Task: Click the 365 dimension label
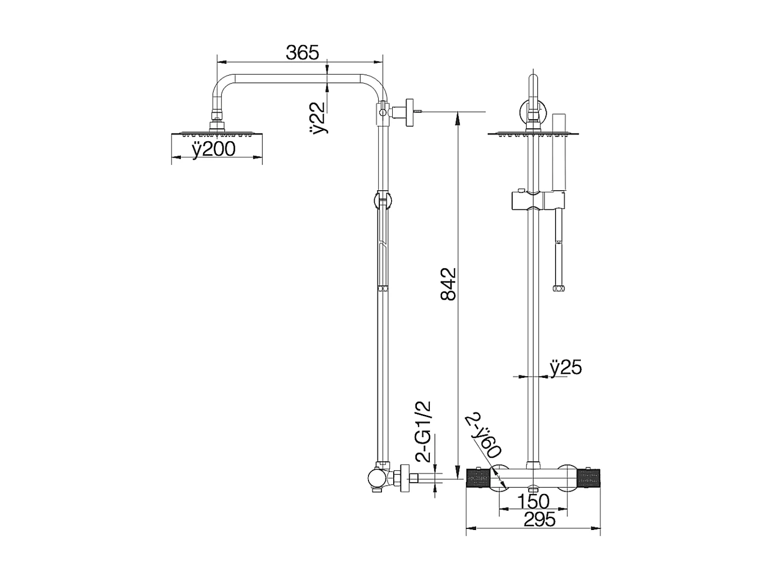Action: coord(303,52)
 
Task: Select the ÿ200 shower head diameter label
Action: coord(213,149)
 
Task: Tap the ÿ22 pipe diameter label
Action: coord(320,118)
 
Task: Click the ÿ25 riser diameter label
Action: coord(565,368)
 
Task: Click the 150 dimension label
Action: coord(533,501)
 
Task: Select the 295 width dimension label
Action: coord(539,519)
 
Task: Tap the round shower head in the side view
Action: coord(216,135)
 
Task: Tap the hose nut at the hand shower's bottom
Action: coord(558,289)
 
